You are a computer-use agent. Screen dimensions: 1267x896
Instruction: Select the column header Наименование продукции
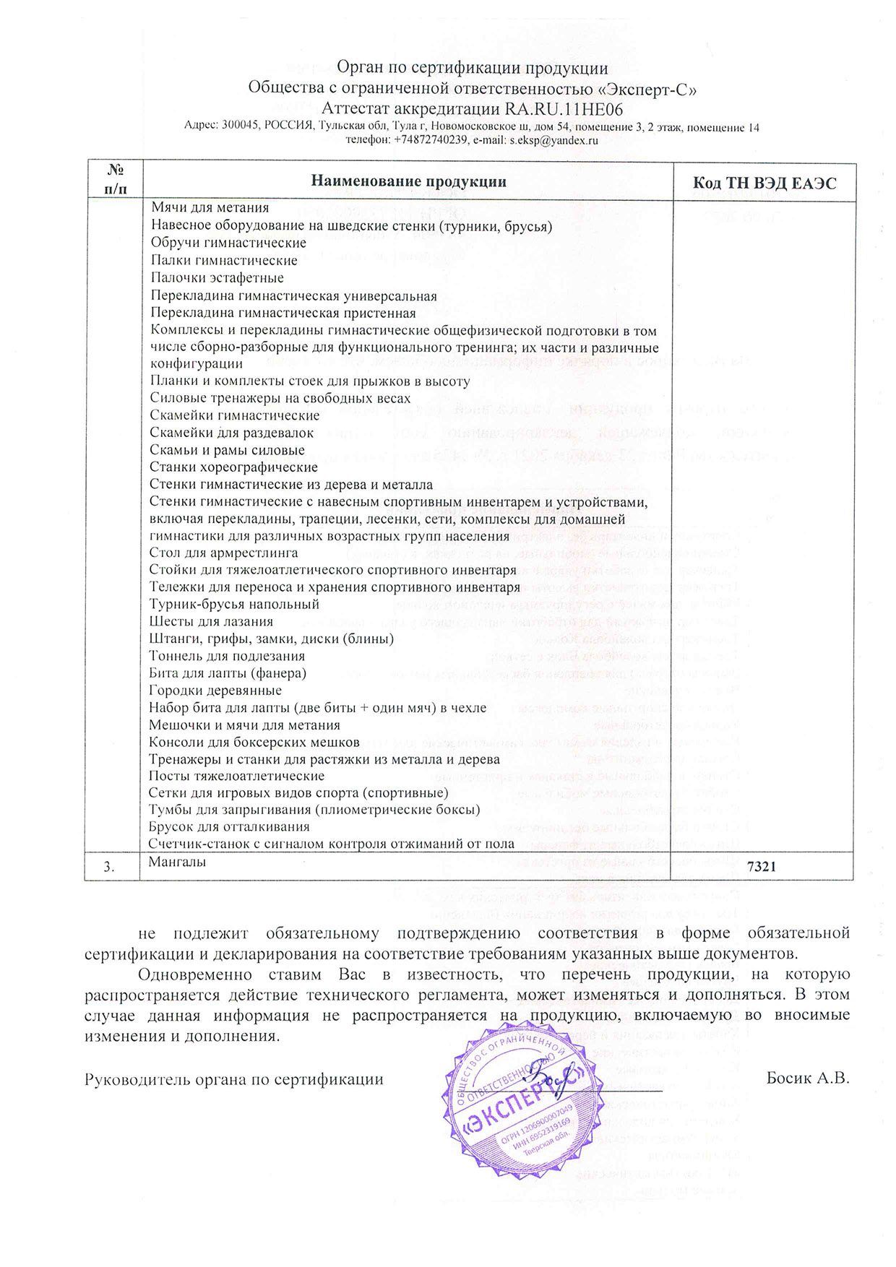[x=408, y=181]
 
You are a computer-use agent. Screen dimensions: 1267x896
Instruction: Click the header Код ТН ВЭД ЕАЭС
[x=764, y=183]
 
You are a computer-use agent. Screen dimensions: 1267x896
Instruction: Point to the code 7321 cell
[x=761, y=867]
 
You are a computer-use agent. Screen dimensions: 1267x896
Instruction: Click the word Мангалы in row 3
[x=177, y=862]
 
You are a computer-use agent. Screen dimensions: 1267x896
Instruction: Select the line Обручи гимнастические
[x=228, y=243]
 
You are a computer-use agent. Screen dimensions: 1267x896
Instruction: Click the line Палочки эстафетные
[x=217, y=278]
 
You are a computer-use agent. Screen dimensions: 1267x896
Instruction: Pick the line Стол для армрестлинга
[x=223, y=553]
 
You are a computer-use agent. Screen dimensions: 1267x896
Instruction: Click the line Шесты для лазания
[x=211, y=621]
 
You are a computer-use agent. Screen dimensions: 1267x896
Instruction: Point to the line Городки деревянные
[x=205, y=691]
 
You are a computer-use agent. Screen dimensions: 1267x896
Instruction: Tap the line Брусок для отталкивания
[x=229, y=826]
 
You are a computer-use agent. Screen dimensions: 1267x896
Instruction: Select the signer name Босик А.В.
[x=807, y=1079]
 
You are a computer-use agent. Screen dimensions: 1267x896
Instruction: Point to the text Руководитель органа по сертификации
[x=233, y=1080]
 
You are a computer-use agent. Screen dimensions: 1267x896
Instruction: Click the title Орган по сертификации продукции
[x=473, y=69]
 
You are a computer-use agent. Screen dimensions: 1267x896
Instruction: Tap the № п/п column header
[x=114, y=181]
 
